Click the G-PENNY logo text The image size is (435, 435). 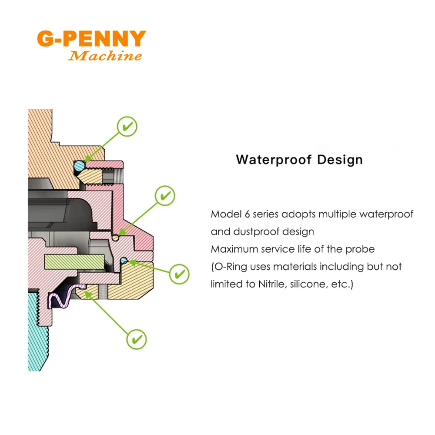[x=91, y=39]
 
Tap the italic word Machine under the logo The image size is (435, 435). [x=106, y=56]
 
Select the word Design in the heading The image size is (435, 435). [x=339, y=159]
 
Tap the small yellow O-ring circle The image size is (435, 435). [x=115, y=238]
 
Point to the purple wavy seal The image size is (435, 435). [x=62, y=298]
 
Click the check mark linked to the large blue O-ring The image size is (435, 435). [x=127, y=127]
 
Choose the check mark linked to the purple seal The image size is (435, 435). [x=137, y=338]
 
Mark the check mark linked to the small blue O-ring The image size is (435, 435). [x=179, y=274]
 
